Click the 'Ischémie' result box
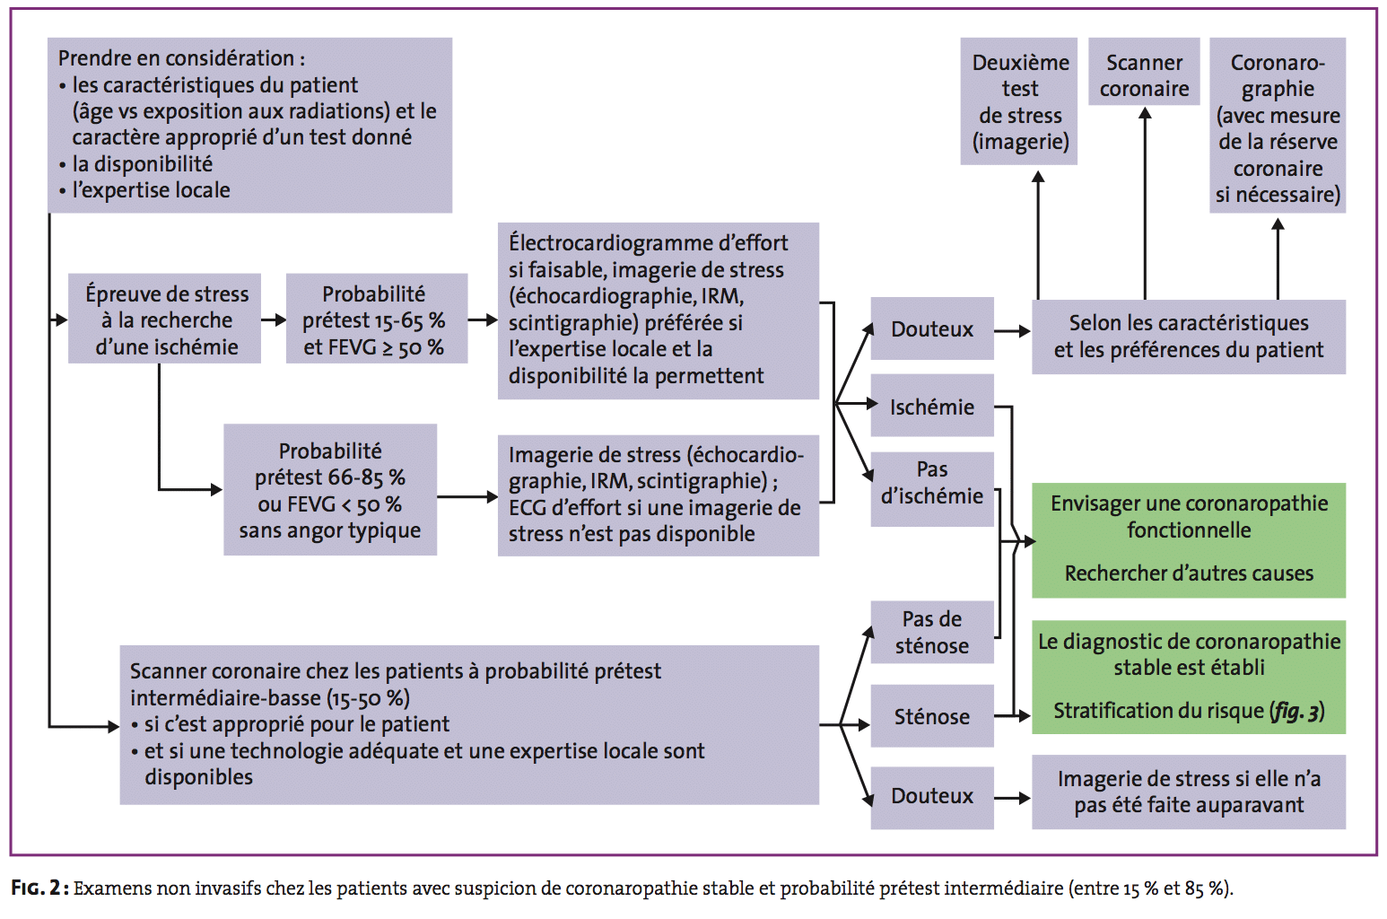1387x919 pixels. pyautogui.click(x=931, y=407)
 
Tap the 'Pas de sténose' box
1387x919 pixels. pyautogui.click(x=931, y=633)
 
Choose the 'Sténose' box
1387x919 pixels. pyautogui.click(x=931, y=716)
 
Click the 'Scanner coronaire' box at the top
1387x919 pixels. pyautogui.click(x=1144, y=75)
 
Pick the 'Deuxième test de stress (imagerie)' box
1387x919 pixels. pyautogui.click(x=1019, y=101)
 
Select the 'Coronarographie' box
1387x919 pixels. pyautogui.click(x=1277, y=127)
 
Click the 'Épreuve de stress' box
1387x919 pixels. pyautogui.click(x=166, y=319)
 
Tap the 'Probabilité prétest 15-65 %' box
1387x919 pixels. pyautogui.click(x=375, y=319)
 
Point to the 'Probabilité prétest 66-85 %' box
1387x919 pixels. pyautogui.click(x=329, y=490)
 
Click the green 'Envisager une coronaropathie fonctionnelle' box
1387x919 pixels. pyautogui.click(x=1189, y=517)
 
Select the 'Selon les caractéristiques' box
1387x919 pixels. pyautogui.click(x=1189, y=337)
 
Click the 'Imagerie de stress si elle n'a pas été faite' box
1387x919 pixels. pyautogui.click(x=1189, y=792)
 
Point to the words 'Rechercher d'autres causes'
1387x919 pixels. pyautogui.click(x=1189, y=573)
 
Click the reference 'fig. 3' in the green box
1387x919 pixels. pyautogui.click(x=1295, y=712)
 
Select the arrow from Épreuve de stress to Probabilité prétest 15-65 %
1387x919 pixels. pyautogui.click(x=273, y=319)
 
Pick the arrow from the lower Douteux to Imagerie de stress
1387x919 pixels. pyautogui.click(x=1012, y=798)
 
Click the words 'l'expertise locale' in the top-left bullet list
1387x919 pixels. pyautogui.click(x=151, y=190)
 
